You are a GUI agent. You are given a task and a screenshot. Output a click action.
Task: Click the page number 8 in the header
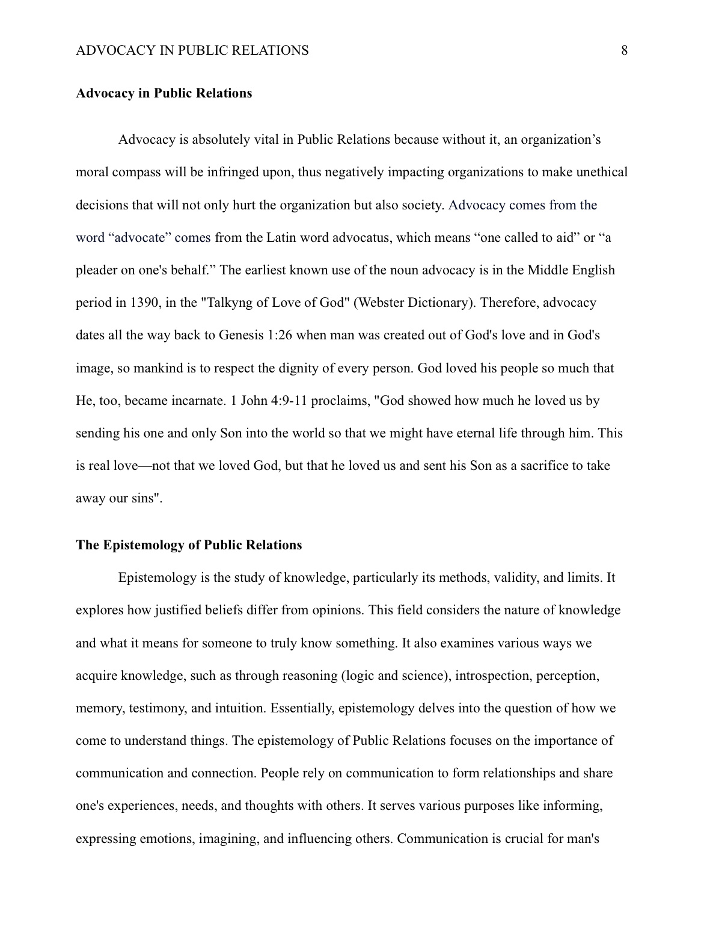point(624,51)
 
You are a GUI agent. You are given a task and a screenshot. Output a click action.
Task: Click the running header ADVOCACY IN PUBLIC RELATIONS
point(192,51)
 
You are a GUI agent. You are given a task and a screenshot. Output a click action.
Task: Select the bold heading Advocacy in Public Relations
point(164,93)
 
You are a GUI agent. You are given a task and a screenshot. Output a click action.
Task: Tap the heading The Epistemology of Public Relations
point(189,545)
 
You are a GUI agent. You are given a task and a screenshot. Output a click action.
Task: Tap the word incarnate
point(193,401)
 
